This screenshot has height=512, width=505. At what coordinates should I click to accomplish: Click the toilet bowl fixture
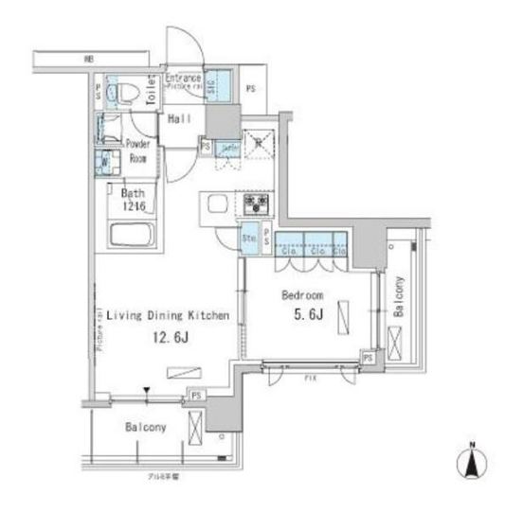(x=122, y=93)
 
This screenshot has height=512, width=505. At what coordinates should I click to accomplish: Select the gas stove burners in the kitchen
(x=256, y=203)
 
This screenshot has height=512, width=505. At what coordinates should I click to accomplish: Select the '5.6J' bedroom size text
(x=302, y=314)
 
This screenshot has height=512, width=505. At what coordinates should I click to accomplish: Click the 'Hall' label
(x=179, y=119)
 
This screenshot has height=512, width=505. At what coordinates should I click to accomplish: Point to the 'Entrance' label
(x=183, y=78)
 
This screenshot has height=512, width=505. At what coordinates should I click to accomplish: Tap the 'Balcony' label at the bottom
(x=145, y=428)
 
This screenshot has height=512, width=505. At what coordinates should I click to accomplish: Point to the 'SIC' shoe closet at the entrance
(x=211, y=86)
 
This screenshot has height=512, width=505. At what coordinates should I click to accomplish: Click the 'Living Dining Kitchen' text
(x=167, y=317)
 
